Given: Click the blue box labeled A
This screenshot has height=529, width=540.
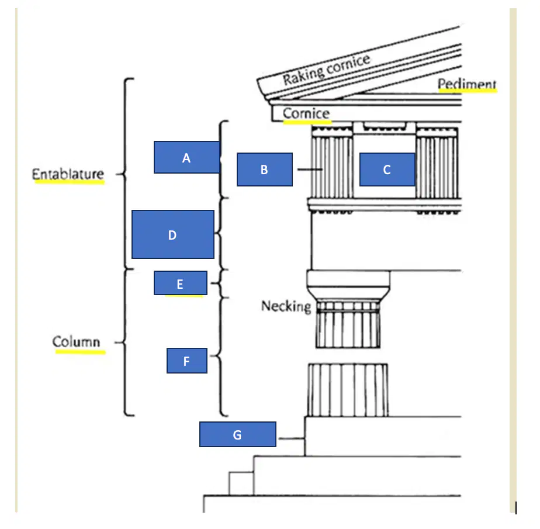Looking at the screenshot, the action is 186,157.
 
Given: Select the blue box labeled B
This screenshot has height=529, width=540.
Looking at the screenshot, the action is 265,170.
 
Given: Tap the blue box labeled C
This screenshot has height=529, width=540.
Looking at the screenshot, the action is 387,170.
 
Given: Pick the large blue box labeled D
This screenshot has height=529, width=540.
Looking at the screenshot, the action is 173,234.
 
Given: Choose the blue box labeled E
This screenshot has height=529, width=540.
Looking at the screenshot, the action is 181,283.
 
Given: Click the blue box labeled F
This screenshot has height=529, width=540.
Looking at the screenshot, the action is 186,361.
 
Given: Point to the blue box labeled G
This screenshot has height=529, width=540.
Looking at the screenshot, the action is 238,434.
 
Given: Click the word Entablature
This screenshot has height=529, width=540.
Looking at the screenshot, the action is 68,174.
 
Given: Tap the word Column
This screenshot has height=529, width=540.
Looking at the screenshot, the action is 76,341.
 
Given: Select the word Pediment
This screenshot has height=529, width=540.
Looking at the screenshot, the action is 466,84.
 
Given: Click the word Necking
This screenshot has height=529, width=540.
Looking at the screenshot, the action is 286,306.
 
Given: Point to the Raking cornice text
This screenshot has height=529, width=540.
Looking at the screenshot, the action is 327,70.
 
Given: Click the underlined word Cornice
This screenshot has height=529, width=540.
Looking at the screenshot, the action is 306,113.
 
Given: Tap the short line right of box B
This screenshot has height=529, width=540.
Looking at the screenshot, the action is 310,170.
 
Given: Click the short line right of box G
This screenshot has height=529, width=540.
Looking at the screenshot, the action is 292,438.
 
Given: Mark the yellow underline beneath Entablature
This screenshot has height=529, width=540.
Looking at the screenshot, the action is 70,182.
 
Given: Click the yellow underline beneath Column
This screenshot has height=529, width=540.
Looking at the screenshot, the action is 81,352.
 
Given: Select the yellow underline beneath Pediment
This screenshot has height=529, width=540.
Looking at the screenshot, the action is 468,91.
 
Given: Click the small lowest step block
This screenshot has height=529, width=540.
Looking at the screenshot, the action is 241,483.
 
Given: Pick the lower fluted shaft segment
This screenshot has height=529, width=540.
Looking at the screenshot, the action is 348,390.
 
